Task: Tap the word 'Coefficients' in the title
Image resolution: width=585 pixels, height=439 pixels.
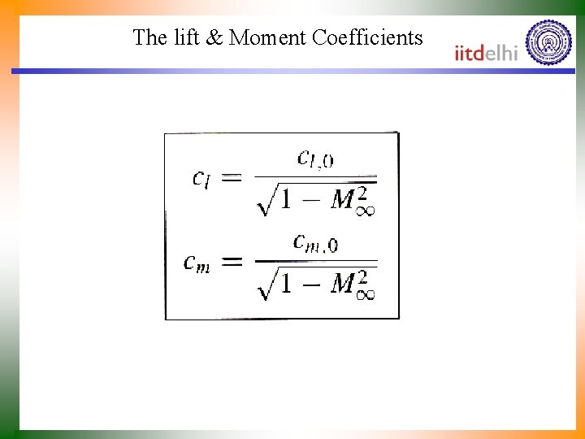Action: (x=367, y=37)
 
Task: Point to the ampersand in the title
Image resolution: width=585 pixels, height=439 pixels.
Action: (x=215, y=37)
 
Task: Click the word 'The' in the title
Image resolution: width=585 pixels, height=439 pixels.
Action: (x=149, y=37)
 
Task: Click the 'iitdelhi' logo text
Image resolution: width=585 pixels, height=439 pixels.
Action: (x=486, y=52)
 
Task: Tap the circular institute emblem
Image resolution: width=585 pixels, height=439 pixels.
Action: (x=549, y=42)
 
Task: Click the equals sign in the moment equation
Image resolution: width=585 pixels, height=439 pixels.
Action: (x=232, y=261)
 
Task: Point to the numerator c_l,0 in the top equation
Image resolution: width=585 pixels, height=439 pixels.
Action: (x=314, y=158)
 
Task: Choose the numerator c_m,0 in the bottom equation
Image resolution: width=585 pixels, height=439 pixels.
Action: (x=315, y=242)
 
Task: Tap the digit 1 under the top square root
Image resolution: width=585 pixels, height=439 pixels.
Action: (x=285, y=200)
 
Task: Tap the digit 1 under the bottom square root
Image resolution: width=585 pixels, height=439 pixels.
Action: (x=285, y=284)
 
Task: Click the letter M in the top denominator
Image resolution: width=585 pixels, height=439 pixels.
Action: (x=341, y=200)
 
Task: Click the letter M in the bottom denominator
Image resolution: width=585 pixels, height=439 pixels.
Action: (x=341, y=284)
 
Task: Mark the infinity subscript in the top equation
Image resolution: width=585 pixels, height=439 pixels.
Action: (x=366, y=211)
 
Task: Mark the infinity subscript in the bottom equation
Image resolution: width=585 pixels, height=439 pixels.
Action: (x=366, y=294)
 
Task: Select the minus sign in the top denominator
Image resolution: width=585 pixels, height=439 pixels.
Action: (x=310, y=200)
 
